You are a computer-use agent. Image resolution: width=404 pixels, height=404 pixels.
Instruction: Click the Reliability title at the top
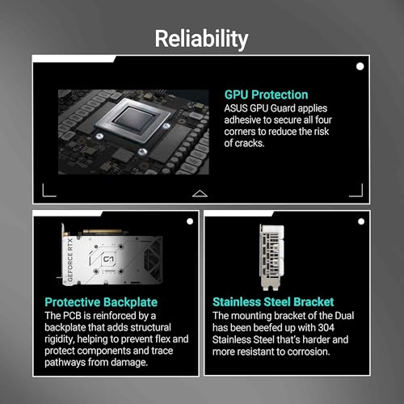[201, 38]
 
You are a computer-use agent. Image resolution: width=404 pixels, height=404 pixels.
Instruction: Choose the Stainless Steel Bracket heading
[274, 301]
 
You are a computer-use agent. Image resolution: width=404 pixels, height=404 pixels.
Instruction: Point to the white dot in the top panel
[359, 66]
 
